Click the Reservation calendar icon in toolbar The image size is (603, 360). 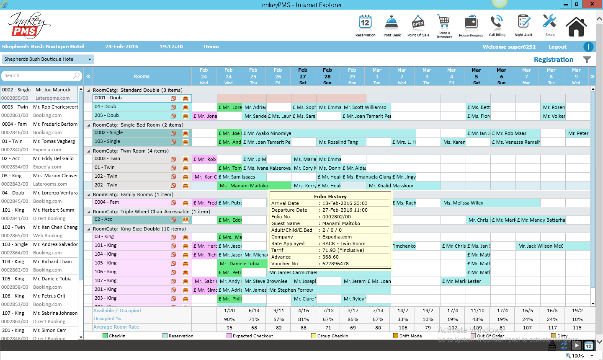365,23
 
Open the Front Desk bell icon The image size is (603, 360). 391,23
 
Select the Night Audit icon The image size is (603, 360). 523,23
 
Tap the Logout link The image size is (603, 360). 557,47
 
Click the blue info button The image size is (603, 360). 588,47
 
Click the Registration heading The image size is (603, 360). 553,60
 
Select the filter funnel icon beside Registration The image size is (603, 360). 587,60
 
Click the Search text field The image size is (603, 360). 38,76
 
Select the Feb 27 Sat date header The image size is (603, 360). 303,76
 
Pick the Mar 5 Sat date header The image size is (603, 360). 477,76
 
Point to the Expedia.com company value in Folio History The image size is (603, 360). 337,237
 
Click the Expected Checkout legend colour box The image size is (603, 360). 229,336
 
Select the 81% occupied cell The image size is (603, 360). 304,319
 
